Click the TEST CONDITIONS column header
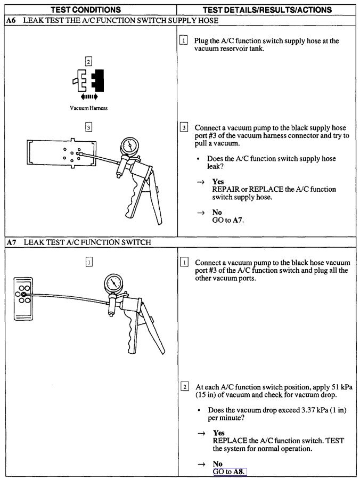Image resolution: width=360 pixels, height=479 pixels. pyautogui.click(x=89, y=10)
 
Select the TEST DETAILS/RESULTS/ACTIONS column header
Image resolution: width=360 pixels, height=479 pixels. pyautogui.click(x=267, y=10)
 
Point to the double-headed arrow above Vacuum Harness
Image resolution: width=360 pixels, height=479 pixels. pyautogui.click(x=88, y=97)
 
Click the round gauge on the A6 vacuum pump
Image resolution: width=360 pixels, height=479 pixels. pyautogui.click(x=129, y=145)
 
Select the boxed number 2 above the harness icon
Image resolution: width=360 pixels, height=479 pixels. pyautogui.click(x=89, y=61)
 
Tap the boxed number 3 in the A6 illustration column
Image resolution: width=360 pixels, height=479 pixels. pyautogui.click(x=88, y=127)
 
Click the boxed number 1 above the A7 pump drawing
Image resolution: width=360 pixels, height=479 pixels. pyautogui.click(x=88, y=262)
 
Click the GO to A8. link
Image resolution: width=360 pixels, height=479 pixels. pyautogui.click(x=230, y=472)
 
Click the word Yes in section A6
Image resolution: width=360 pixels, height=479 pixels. pyautogui.click(x=218, y=182)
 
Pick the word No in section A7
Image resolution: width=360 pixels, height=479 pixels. pyautogui.click(x=217, y=464)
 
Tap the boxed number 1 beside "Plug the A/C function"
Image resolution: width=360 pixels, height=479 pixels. pyautogui.click(x=184, y=41)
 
